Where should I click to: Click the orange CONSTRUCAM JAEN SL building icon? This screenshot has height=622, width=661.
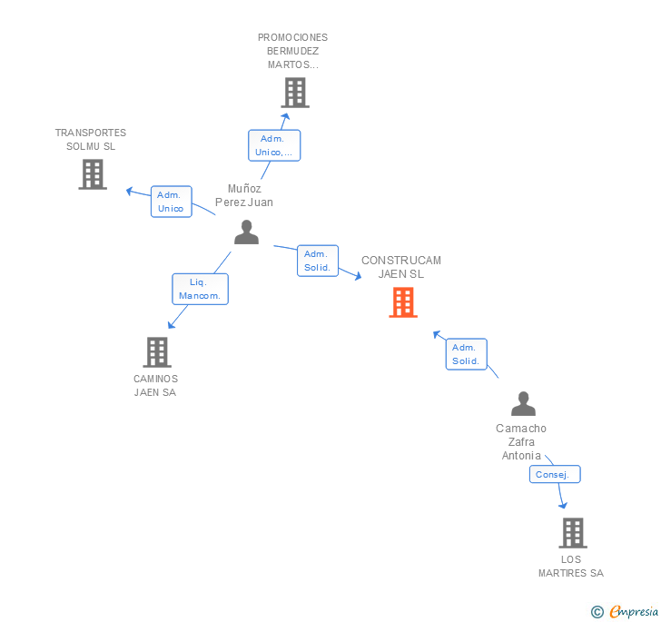pyautogui.click(x=403, y=302)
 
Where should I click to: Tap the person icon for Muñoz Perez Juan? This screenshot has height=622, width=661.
pyautogui.click(x=246, y=232)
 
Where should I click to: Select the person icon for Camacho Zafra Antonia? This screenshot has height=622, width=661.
pyautogui.click(x=523, y=403)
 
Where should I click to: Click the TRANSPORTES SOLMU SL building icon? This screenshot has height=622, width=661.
pyautogui.click(x=93, y=174)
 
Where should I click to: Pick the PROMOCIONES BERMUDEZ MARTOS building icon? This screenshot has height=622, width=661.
pyautogui.click(x=294, y=93)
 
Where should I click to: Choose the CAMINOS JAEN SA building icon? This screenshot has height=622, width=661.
pyautogui.click(x=157, y=352)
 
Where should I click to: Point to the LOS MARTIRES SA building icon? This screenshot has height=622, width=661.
pyautogui.click(x=572, y=533)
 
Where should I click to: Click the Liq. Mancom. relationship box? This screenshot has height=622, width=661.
pyautogui.click(x=200, y=290)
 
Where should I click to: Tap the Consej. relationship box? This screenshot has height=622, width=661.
pyautogui.click(x=554, y=475)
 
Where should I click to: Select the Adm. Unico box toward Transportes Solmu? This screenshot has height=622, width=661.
pyautogui.click(x=171, y=202)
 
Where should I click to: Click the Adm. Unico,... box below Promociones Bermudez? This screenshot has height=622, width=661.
pyautogui.click(x=273, y=145)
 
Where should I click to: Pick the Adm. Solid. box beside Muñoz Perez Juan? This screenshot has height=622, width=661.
pyautogui.click(x=317, y=261)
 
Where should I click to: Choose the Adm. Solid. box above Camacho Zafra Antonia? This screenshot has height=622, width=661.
pyautogui.click(x=466, y=354)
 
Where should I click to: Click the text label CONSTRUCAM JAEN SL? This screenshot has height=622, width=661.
pyautogui.click(x=400, y=267)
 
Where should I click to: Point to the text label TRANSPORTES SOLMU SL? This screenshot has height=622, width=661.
pyautogui.click(x=91, y=140)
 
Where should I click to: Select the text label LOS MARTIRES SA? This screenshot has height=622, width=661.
pyautogui.click(x=570, y=566)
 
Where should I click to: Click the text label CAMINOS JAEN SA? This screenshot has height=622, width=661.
pyautogui.click(x=155, y=386)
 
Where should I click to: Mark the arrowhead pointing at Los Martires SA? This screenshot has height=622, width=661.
pyautogui.click(x=563, y=505)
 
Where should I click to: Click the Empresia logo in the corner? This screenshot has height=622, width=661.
pyautogui.click(x=626, y=611)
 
